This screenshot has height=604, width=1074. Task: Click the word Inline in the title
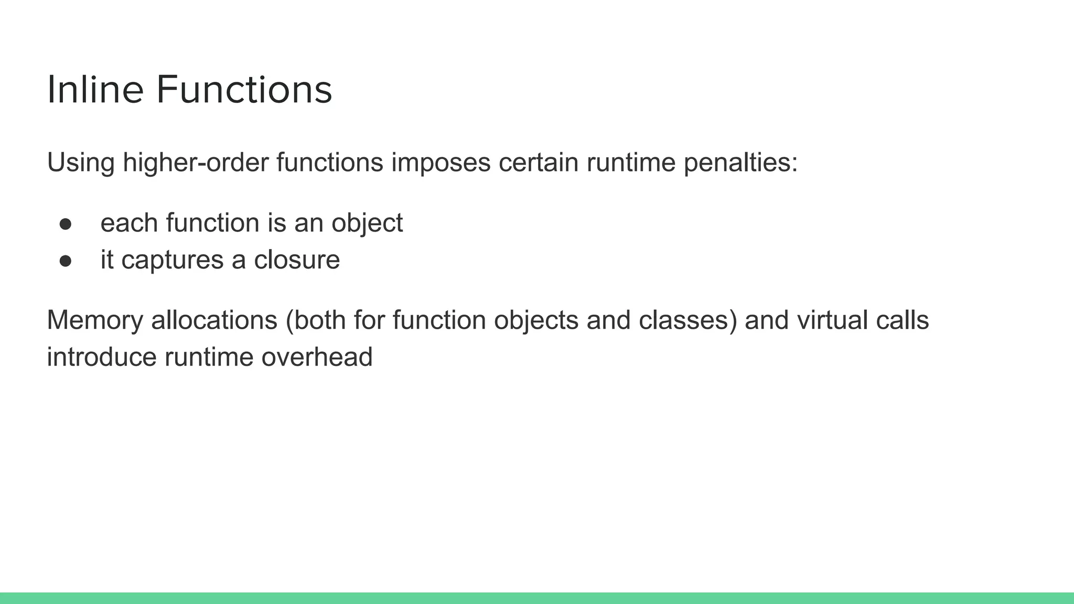[95, 90]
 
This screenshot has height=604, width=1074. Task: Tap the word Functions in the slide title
[244, 90]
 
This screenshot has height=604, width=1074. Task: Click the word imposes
[441, 162]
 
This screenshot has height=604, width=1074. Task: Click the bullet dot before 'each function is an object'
[66, 224]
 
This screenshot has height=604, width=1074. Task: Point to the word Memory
[95, 320]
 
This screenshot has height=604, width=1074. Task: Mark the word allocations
[214, 320]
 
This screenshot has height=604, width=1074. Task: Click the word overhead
[317, 357]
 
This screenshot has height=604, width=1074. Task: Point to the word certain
[539, 162]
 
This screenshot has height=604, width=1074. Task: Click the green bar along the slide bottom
[537, 598]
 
